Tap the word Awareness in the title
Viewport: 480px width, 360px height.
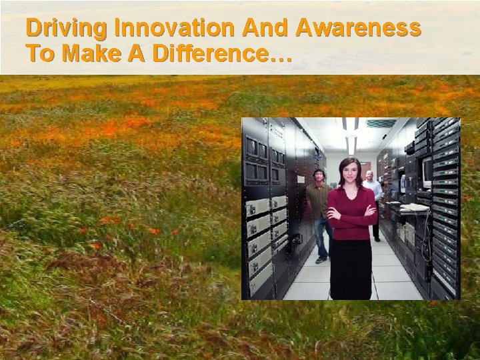coord(360,29)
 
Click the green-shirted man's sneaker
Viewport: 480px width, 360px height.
coord(321,260)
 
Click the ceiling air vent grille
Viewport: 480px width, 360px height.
coord(381,123)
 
